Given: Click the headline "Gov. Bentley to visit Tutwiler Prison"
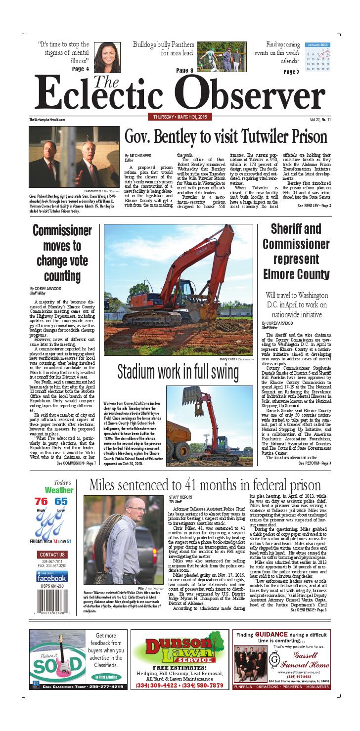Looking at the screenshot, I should (225, 136).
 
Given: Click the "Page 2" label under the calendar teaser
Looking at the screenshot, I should (291, 72).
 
